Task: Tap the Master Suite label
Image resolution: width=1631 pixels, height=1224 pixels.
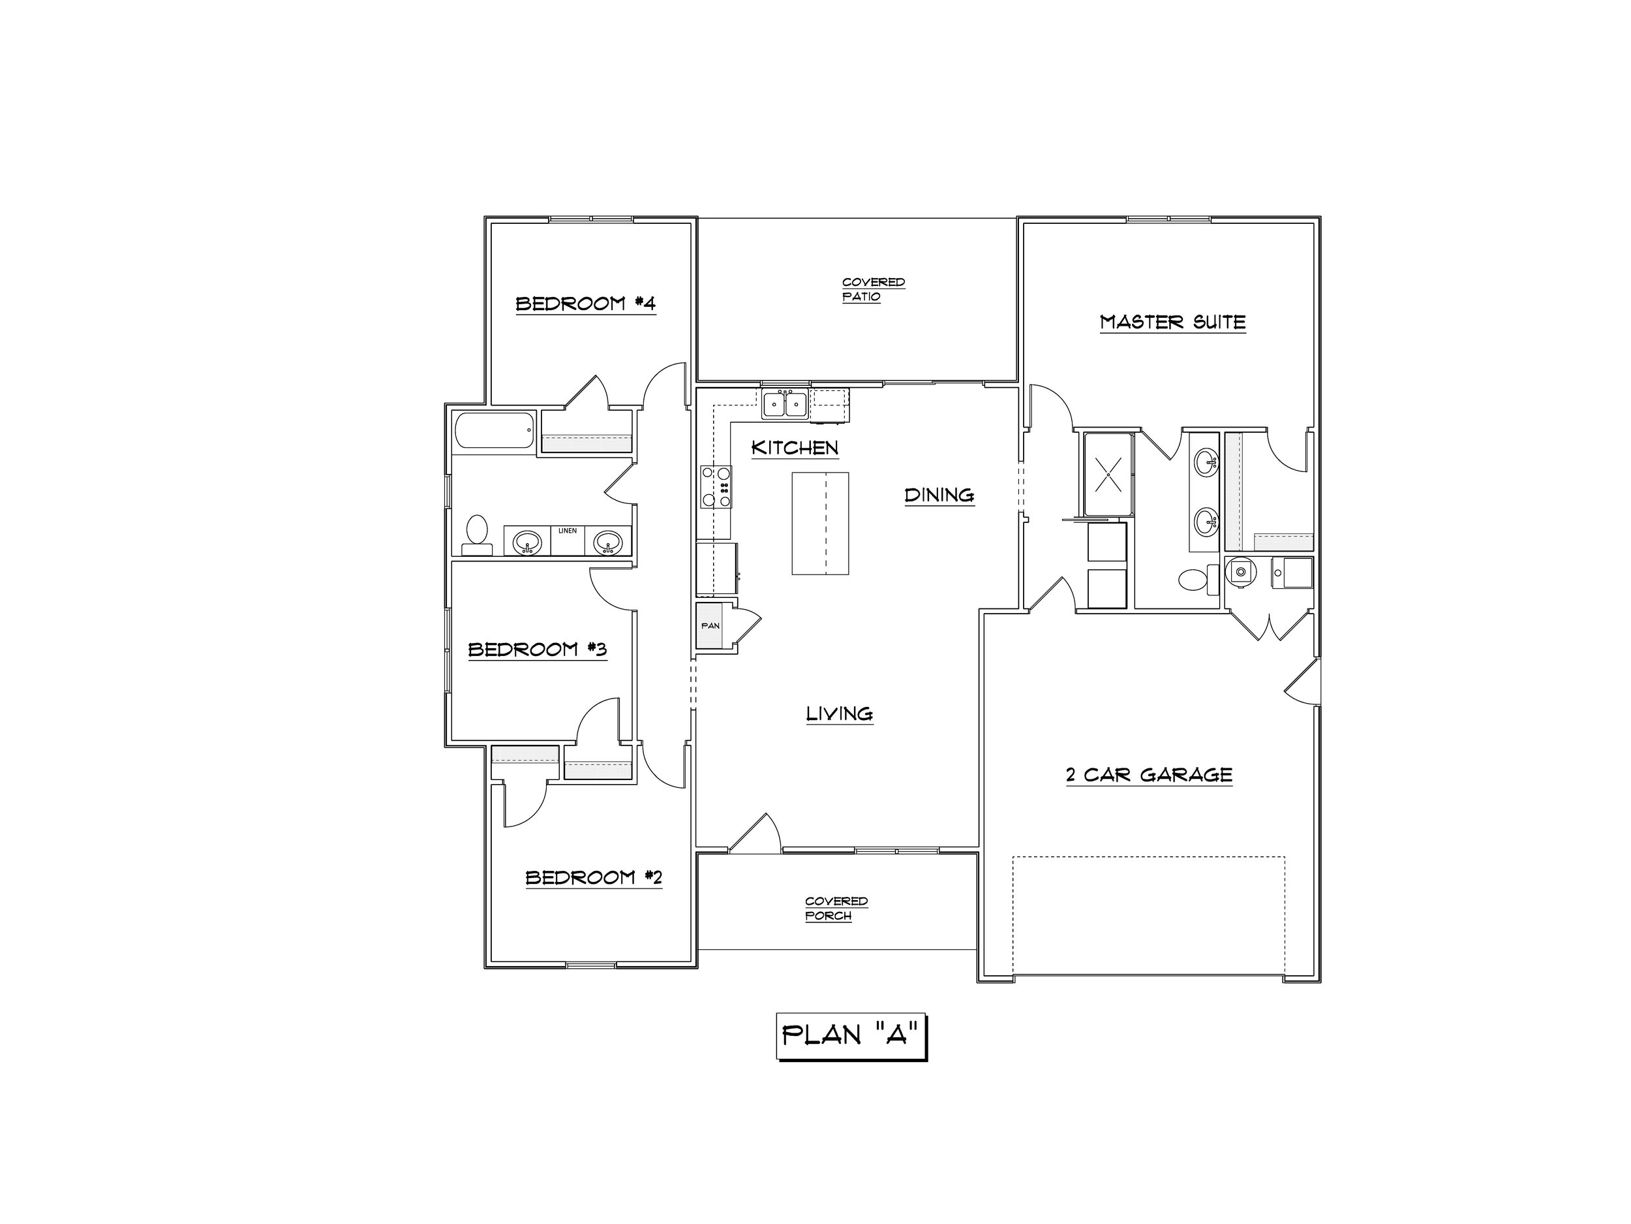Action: click(x=1172, y=322)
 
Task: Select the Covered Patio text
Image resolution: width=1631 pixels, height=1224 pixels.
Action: click(x=874, y=289)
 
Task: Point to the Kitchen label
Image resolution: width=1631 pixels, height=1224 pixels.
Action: click(x=795, y=448)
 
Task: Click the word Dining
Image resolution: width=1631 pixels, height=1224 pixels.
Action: click(x=939, y=494)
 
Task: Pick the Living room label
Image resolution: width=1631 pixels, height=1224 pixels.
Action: click(x=839, y=714)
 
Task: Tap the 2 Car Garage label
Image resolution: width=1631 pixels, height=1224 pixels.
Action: click(x=1149, y=775)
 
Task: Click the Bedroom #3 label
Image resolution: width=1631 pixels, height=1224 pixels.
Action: click(x=538, y=650)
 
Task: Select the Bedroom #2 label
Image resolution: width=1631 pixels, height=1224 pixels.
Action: click(x=594, y=877)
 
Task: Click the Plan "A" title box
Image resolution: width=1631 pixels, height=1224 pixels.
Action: click(x=851, y=1036)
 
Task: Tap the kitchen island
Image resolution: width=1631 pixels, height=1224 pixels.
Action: click(x=820, y=523)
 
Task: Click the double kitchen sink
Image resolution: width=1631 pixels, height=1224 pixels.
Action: click(x=785, y=404)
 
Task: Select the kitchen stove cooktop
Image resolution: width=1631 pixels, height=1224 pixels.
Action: click(x=716, y=486)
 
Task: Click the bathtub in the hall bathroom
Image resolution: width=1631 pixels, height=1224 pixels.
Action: click(x=495, y=431)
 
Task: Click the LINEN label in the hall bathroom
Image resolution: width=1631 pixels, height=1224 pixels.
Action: click(x=568, y=531)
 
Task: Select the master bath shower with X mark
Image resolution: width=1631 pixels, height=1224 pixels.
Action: click(x=1108, y=474)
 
